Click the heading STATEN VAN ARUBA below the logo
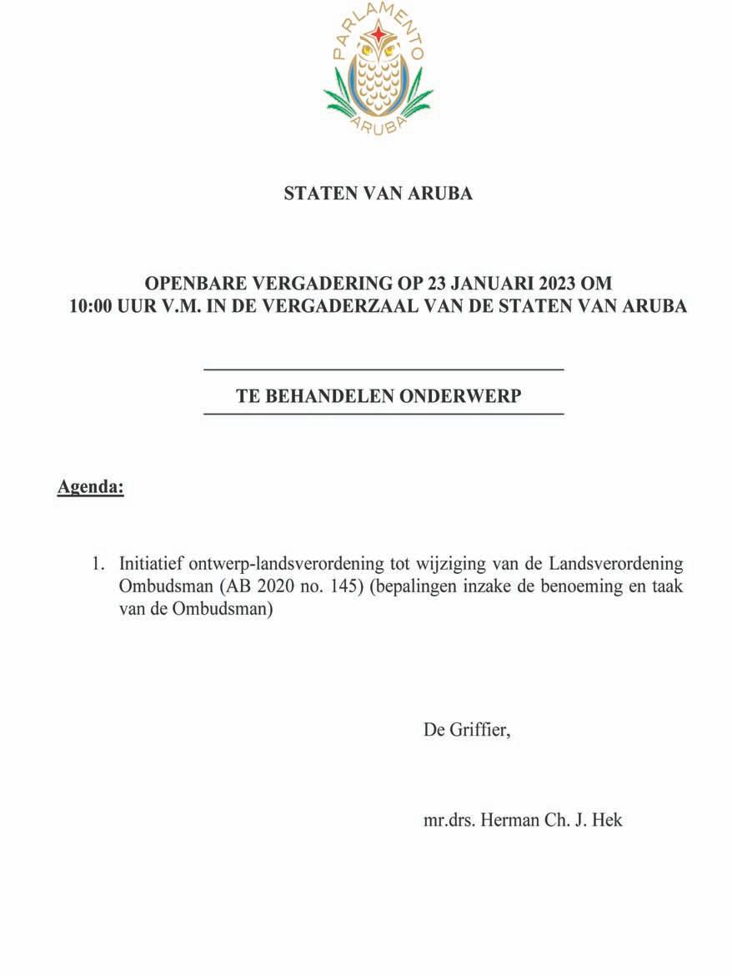379,194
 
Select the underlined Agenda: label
90,487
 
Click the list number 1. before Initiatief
98,564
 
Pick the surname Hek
608,820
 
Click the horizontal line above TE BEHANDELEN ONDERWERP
384,369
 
